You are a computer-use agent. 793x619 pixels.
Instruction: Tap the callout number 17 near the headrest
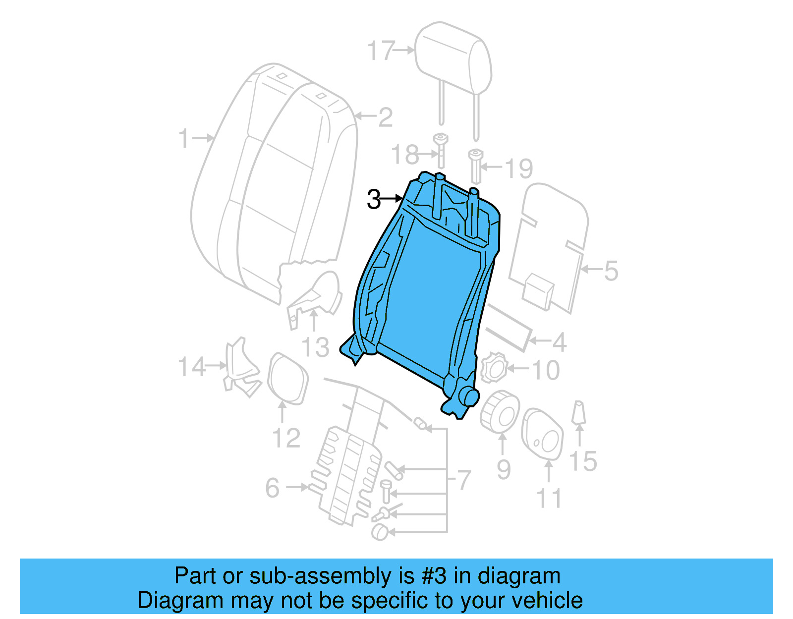pyautogui.click(x=381, y=51)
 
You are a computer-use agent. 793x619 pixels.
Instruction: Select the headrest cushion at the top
pyautogui.click(x=453, y=57)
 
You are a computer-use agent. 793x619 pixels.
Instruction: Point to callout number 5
pyautogui.click(x=611, y=271)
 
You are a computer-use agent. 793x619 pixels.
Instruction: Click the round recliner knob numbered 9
pyautogui.click(x=500, y=411)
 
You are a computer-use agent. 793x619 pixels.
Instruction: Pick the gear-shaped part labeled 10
pyautogui.click(x=494, y=367)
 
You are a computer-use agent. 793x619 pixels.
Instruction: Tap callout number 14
pyautogui.click(x=191, y=367)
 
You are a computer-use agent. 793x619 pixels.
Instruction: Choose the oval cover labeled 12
pyautogui.click(x=287, y=378)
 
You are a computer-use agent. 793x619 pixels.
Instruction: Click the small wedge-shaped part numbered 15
pyautogui.click(x=578, y=413)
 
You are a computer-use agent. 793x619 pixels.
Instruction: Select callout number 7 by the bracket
pyautogui.click(x=463, y=480)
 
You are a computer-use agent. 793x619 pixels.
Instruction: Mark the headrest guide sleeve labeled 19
pyautogui.click(x=475, y=166)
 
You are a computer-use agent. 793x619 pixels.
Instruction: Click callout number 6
pyautogui.click(x=273, y=488)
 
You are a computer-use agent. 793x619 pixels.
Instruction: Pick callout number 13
pyautogui.click(x=316, y=347)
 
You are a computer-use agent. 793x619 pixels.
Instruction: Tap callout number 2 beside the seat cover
pyautogui.click(x=385, y=117)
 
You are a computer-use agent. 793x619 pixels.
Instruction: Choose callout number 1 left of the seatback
pyautogui.click(x=184, y=138)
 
